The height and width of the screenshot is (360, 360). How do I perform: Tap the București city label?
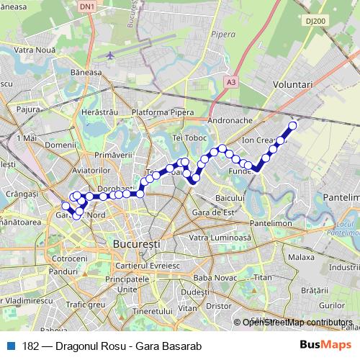click(x=136, y=245)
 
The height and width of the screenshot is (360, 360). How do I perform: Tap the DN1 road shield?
click(x=86, y=6)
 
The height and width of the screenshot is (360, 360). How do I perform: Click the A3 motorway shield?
click(x=230, y=83)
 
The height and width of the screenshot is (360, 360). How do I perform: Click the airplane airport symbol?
click(x=110, y=55)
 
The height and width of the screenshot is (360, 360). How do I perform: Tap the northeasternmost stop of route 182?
click(x=293, y=126)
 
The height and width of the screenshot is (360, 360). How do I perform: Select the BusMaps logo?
click(x=330, y=345)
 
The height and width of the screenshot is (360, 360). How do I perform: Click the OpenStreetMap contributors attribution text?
click(x=297, y=323)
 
